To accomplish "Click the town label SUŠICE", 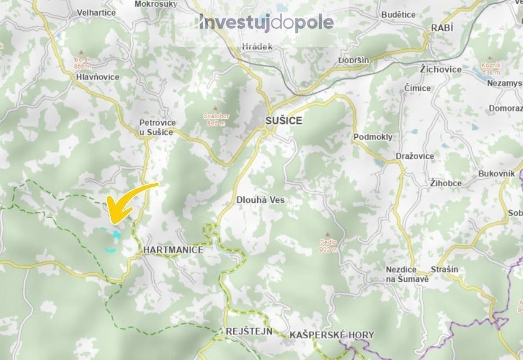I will [x=284, y=121].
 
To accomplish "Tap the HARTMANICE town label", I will [x=173, y=250].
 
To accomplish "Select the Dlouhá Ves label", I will [x=261, y=200].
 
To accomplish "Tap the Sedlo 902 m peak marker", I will [x=328, y=234].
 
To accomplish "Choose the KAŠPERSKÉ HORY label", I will [x=332, y=335].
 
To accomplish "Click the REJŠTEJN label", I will [x=249, y=332].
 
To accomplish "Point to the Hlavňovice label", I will [x=98, y=77].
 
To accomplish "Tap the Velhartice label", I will [x=96, y=13].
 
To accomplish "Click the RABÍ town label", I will [x=442, y=28].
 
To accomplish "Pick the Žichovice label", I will [x=441, y=69].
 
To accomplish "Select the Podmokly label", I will [x=373, y=137].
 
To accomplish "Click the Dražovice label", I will [x=415, y=156].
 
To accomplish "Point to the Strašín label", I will [x=444, y=269].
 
